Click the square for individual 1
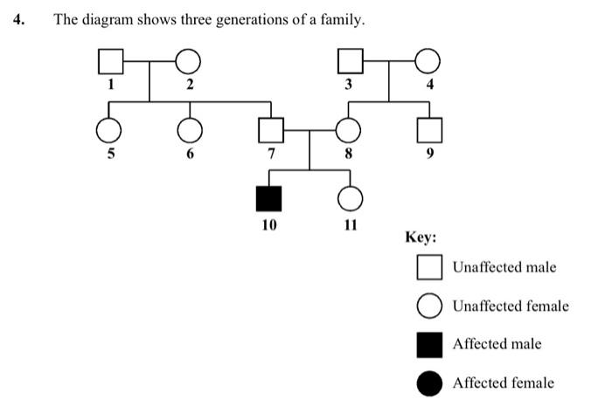click(109, 62)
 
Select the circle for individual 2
click(188, 62)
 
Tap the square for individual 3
click(350, 62)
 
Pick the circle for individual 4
click(427, 62)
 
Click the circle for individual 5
click(109, 131)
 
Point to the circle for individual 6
click(188, 131)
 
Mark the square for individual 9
click(427, 131)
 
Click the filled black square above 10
click(268, 199)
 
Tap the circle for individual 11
click(350, 199)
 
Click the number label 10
click(268, 224)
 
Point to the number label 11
click(350, 224)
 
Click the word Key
click(420, 237)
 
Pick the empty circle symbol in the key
click(429, 306)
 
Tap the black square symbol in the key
click(429, 344)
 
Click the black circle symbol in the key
click(429, 382)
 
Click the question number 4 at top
click(18, 19)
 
